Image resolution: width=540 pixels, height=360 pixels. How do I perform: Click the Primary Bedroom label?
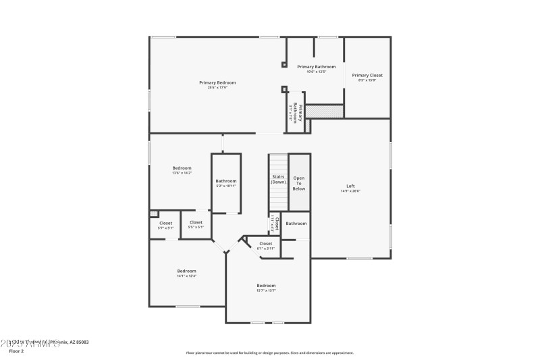click(217, 82)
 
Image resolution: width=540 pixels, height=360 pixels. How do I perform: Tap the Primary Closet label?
click(367, 75)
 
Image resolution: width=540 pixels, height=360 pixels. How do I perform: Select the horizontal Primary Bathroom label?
click(316, 67)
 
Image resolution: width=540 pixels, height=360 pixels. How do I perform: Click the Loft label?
click(350, 186)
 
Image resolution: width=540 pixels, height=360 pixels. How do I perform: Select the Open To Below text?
click(298, 183)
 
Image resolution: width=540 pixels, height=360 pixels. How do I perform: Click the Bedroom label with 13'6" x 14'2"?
click(182, 168)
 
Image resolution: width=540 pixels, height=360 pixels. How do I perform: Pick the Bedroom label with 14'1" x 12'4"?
click(186, 271)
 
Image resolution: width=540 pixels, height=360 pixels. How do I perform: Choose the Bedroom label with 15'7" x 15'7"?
click(266, 286)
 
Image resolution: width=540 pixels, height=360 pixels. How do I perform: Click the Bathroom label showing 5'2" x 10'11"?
click(226, 181)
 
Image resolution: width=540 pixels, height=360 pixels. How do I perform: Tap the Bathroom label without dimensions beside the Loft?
click(296, 224)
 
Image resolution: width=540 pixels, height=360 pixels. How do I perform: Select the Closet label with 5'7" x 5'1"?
click(165, 223)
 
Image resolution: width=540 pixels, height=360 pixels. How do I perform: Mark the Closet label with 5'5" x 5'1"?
click(196, 222)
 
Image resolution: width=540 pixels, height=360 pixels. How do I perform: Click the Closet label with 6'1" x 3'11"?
click(265, 243)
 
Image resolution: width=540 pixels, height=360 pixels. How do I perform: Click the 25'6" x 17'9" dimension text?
click(217, 88)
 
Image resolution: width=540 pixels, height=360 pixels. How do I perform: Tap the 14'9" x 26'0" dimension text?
click(350, 191)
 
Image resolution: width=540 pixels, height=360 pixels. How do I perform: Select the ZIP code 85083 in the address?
click(82, 342)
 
